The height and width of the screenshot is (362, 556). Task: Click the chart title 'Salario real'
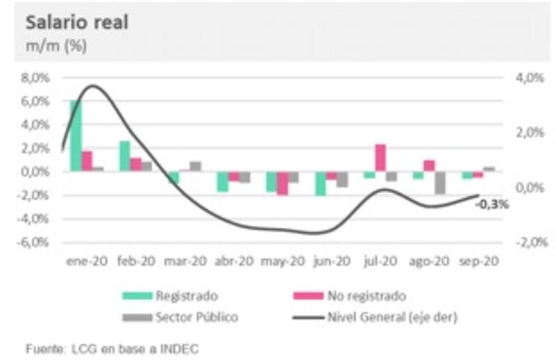point(77,22)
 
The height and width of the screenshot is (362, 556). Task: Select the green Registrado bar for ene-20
point(76,135)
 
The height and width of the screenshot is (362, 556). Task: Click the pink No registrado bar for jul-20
point(380,158)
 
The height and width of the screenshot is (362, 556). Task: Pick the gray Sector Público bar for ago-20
point(440,183)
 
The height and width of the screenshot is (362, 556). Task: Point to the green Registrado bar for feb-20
point(124,156)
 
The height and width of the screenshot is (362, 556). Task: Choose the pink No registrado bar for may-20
point(282,183)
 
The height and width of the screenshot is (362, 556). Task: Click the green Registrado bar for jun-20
point(320,183)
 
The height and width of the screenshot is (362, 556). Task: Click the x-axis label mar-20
point(185,262)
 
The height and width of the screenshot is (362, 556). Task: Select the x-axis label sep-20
point(479,262)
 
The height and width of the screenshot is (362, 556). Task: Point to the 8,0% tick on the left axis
point(35,78)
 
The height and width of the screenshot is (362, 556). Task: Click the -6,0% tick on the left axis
point(34,242)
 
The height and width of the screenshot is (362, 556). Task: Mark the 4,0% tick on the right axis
point(528,78)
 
